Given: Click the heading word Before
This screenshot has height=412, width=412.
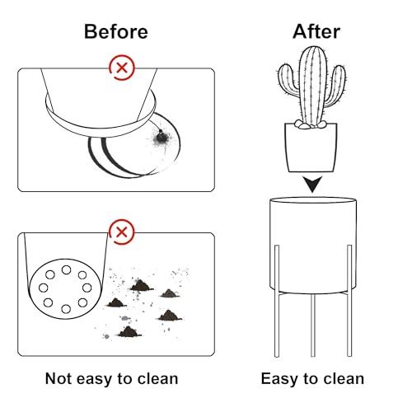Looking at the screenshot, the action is (x=116, y=31).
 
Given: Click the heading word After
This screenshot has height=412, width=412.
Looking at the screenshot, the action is (x=316, y=31).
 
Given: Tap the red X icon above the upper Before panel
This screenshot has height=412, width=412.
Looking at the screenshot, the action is (x=122, y=68).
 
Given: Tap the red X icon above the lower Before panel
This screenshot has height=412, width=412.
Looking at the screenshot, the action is (x=122, y=232).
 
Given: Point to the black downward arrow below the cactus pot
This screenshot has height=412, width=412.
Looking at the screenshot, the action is (x=312, y=184).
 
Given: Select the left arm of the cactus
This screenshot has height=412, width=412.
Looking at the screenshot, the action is (x=288, y=80).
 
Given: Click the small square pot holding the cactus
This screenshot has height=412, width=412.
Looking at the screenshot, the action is (x=311, y=147).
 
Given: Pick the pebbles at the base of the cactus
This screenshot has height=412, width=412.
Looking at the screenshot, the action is (x=310, y=124).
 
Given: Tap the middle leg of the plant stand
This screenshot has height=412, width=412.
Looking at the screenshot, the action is (x=313, y=325).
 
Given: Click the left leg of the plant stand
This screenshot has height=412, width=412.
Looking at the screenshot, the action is (x=277, y=301).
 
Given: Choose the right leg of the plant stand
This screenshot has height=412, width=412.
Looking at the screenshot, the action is (x=349, y=301).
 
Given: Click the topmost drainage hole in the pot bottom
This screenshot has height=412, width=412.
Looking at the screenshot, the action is (x=66, y=269).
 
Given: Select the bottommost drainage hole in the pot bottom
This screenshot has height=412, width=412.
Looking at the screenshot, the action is (x=66, y=309).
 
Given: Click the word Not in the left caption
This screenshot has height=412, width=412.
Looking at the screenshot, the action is (x=58, y=378).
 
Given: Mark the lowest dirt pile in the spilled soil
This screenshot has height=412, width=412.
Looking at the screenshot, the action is (x=129, y=332).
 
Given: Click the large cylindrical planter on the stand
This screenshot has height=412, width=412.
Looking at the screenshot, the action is (x=313, y=246).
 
